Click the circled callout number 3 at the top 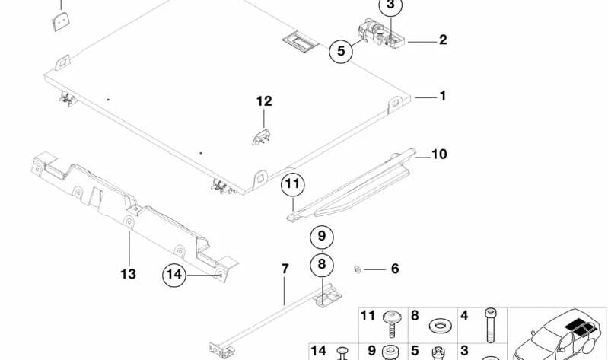click(x=390, y=7)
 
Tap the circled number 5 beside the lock click(x=341, y=53)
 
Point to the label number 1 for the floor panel click(x=442, y=97)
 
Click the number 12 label click(x=263, y=101)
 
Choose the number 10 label click(x=439, y=155)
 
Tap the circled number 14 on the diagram click(x=175, y=275)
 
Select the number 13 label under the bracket click(x=128, y=273)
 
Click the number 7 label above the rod click(x=285, y=269)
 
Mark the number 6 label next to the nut click(x=394, y=269)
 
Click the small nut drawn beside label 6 click(x=356, y=268)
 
